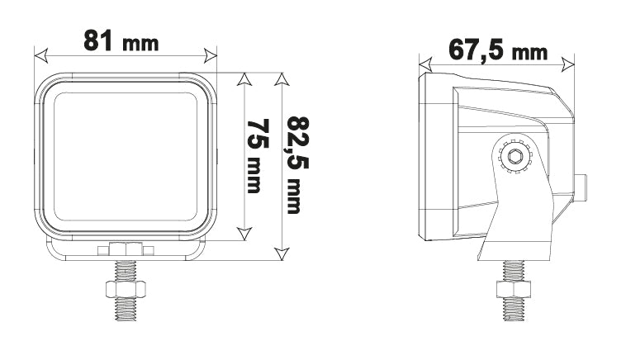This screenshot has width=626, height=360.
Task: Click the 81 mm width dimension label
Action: [x=121, y=40]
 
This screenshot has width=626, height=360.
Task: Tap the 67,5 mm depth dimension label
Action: [x=498, y=50]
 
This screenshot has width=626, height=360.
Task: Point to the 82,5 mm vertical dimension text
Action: [x=296, y=165]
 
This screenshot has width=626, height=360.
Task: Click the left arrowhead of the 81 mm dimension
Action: [x=41, y=56]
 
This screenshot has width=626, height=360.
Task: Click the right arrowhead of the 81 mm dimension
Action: [x=211, y=56]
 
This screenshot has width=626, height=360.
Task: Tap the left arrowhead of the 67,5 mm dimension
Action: [x=425, y=64]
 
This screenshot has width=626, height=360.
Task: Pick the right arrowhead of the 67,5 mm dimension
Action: [x=568, y=64]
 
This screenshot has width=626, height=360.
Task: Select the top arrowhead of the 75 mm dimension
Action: [x=244, y=79]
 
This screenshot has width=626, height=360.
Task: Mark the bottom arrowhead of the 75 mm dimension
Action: [x=244, y=234]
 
